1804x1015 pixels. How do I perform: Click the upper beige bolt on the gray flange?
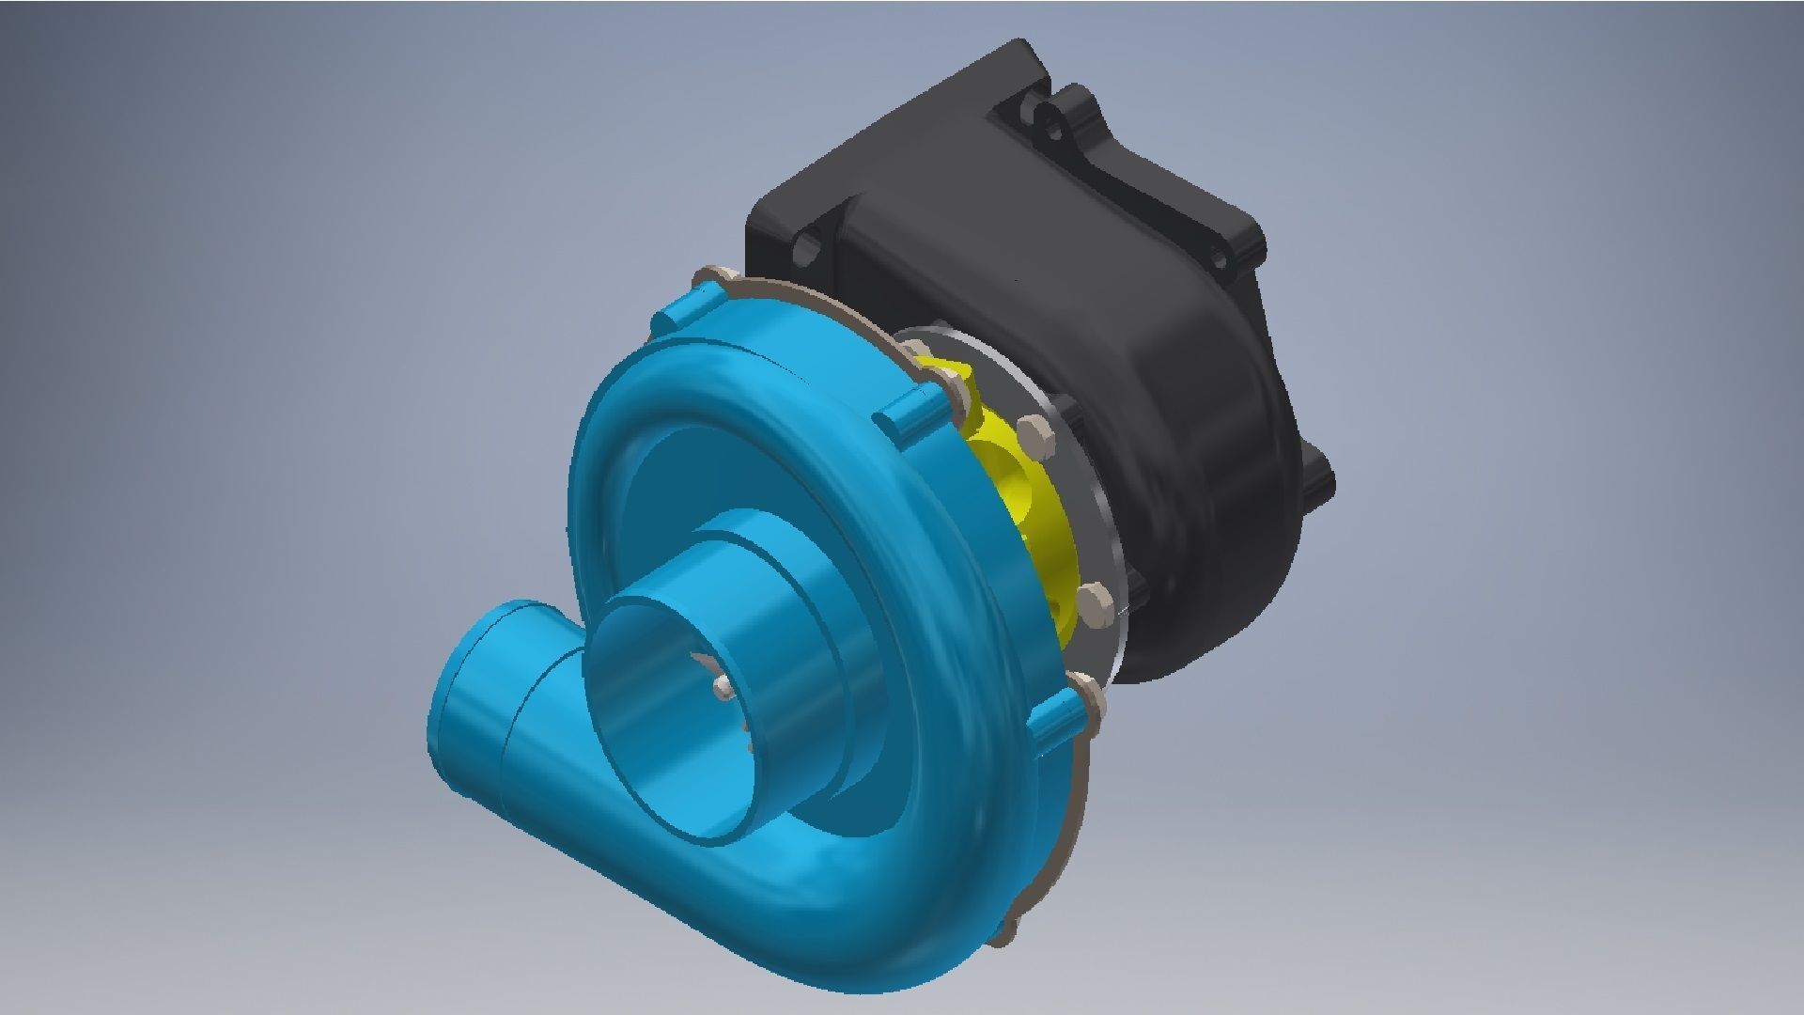(1034, 433)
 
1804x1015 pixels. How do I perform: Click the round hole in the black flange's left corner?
(807, 250)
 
